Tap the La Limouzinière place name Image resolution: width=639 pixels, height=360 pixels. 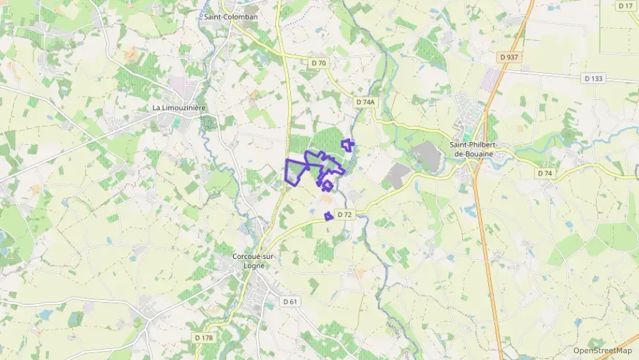click(x=179, y=108)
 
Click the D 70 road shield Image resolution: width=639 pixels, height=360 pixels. click(x=319, y=63)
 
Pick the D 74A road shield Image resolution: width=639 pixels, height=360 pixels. click(x=366, y=102)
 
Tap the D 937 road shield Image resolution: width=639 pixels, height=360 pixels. click(x=509, y=57)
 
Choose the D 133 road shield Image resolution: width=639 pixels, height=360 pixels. click(x=594, y=79)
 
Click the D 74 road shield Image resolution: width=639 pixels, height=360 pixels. click(x=544, y=174)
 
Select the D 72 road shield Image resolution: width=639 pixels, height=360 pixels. click(x=344, y=215)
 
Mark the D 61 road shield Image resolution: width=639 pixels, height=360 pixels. click(x=290, y=301)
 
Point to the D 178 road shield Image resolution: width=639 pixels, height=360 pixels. click(x=203, y=337)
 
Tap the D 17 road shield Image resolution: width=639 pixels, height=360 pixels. click(x=625, y=5)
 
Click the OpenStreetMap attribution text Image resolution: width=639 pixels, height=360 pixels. click(x=602, y=350)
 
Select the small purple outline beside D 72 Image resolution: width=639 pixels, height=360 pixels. click(x=328, y=216)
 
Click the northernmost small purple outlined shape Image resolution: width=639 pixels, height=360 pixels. click(x=348, y=144)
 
